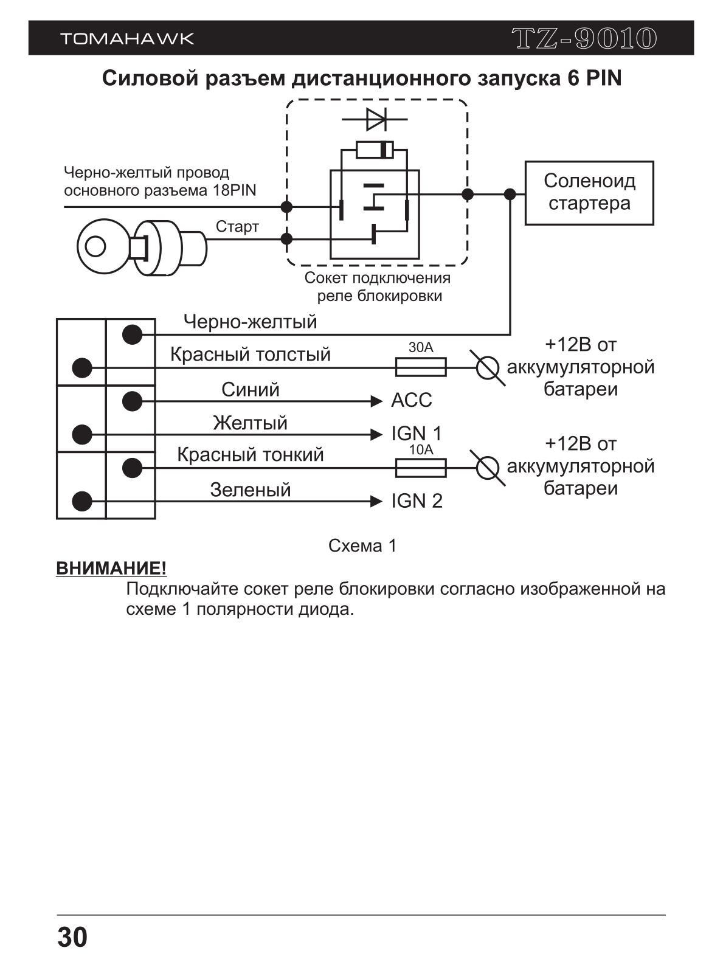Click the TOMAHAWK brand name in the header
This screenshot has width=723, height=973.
[x=127, y=38]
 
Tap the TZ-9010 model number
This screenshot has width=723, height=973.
[x=584, y=38]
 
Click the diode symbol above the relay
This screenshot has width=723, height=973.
[x=375, y=119]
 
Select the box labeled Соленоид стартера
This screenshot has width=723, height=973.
[x=589, y=193]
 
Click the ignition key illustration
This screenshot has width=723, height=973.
[x=142, y=248]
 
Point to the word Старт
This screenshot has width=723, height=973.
[x=237, y=227]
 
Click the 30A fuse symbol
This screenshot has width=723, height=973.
[x=421, y=367]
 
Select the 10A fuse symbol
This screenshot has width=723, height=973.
[x=421, y=468]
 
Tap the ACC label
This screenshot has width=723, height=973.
[x=412, y=400]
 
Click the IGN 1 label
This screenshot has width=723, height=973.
[x=417, y=434]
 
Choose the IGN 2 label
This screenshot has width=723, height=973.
[x=417, y=501]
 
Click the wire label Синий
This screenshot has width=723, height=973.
[x=250, y=390]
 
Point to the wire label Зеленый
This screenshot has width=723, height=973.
[x=250, y=490]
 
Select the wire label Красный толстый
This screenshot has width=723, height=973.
[x=250, y=355]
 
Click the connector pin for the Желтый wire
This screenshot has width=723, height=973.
[x=82, y=435]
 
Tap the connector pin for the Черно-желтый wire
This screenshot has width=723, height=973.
[x=132, y=334]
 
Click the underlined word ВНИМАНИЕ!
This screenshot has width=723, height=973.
[x=111, y=569]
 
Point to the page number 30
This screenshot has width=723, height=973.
[x=72, y=938]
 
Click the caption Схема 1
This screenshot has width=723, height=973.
[x=362, y=545]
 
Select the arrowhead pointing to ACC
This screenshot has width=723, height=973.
[x=376, y=401]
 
